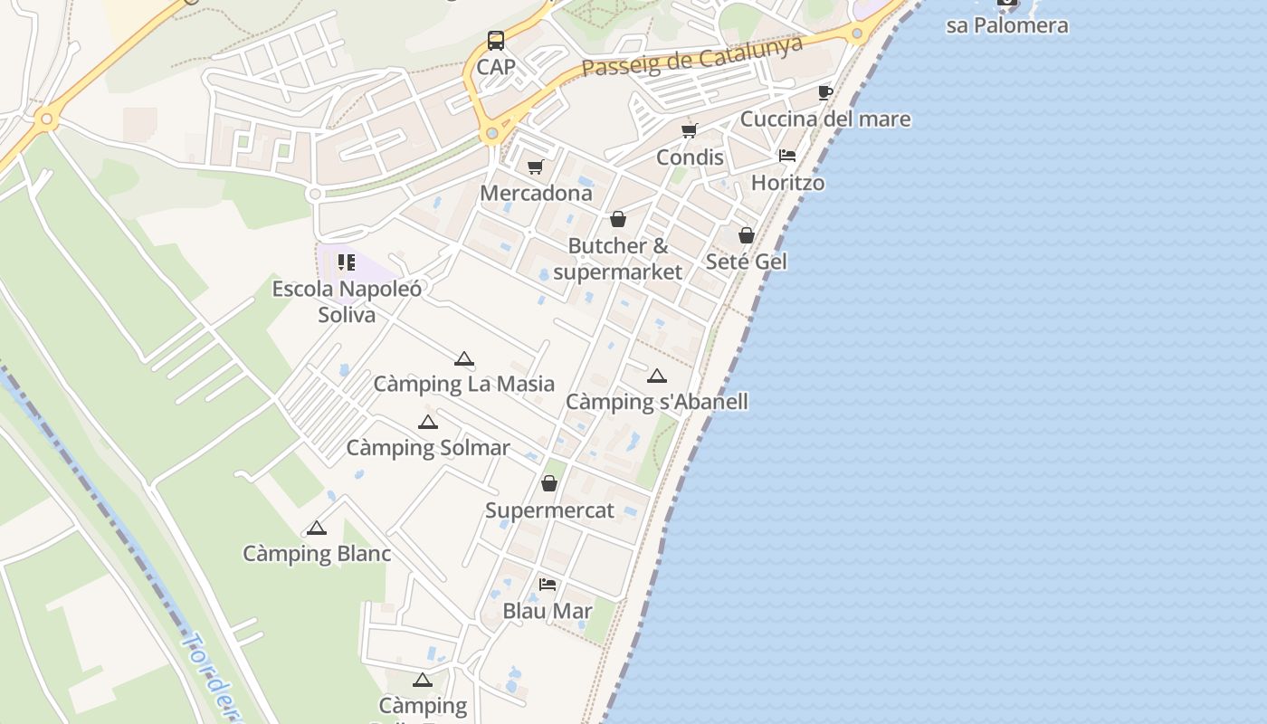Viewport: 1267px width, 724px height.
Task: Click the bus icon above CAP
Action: click(x=496, y=41)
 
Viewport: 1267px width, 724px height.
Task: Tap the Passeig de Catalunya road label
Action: click(x=692, y=56)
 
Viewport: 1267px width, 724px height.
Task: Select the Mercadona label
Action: click(x=536, y=193)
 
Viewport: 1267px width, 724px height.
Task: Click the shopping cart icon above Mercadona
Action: click(x=535, y=167)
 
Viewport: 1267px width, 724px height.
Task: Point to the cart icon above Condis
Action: click(x=690, y=130)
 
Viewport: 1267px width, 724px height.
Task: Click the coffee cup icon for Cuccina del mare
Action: click(x=824, y=92)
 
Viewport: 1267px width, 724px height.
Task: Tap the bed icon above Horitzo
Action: click(x=787, y=156)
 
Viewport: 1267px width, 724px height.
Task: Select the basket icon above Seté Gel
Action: click(x=747, y=235)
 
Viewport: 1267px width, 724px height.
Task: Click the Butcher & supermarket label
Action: click(x=618, y=258)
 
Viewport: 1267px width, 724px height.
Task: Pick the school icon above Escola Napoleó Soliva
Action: click(x=347, y=262)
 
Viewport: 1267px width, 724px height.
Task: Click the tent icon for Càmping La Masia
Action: click(x=464, y=358)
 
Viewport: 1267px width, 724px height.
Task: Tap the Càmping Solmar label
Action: click(x=428, y=448)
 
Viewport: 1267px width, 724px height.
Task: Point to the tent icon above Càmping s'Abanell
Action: click(x=657, y=376)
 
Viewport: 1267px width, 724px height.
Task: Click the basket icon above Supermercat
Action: click(x=549, y=483)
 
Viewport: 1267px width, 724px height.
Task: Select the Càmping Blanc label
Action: click(x=317, y=554)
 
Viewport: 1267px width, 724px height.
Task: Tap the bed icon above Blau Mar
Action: click(x=548, y=585)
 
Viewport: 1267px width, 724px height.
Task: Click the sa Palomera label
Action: click(x=1007, y=25)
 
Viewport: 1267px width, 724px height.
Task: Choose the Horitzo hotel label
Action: click(x=787, y=183)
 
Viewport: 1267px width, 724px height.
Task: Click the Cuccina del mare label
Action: click(x=825, y=119)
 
